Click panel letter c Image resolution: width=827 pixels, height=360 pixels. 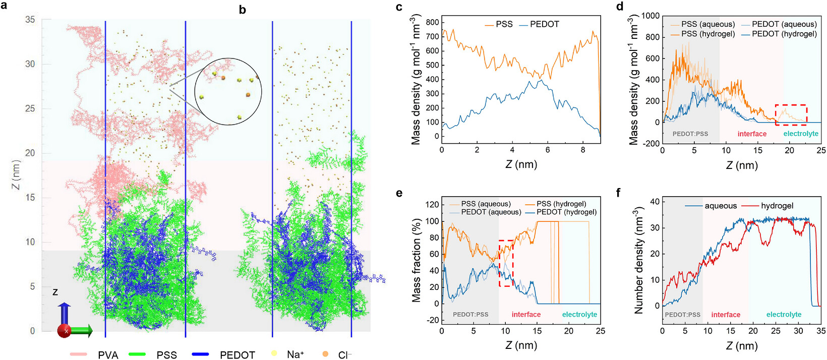[399, 7]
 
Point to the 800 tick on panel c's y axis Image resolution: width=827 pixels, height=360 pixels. [432, 23]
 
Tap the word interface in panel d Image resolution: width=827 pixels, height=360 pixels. [752, 134]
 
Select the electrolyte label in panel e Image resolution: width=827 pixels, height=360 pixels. [579, 315]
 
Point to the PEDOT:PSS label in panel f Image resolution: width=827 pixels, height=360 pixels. [682, 315]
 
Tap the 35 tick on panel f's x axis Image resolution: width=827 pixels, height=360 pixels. [820, 331]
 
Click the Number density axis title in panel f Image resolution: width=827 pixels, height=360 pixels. [639, 260]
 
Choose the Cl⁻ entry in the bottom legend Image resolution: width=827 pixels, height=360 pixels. [336, 354]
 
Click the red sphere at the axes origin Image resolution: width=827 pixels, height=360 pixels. [64, 331]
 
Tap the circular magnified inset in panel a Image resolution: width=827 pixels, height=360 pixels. [228, 92]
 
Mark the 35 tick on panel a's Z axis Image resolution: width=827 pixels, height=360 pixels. [30, 19]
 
